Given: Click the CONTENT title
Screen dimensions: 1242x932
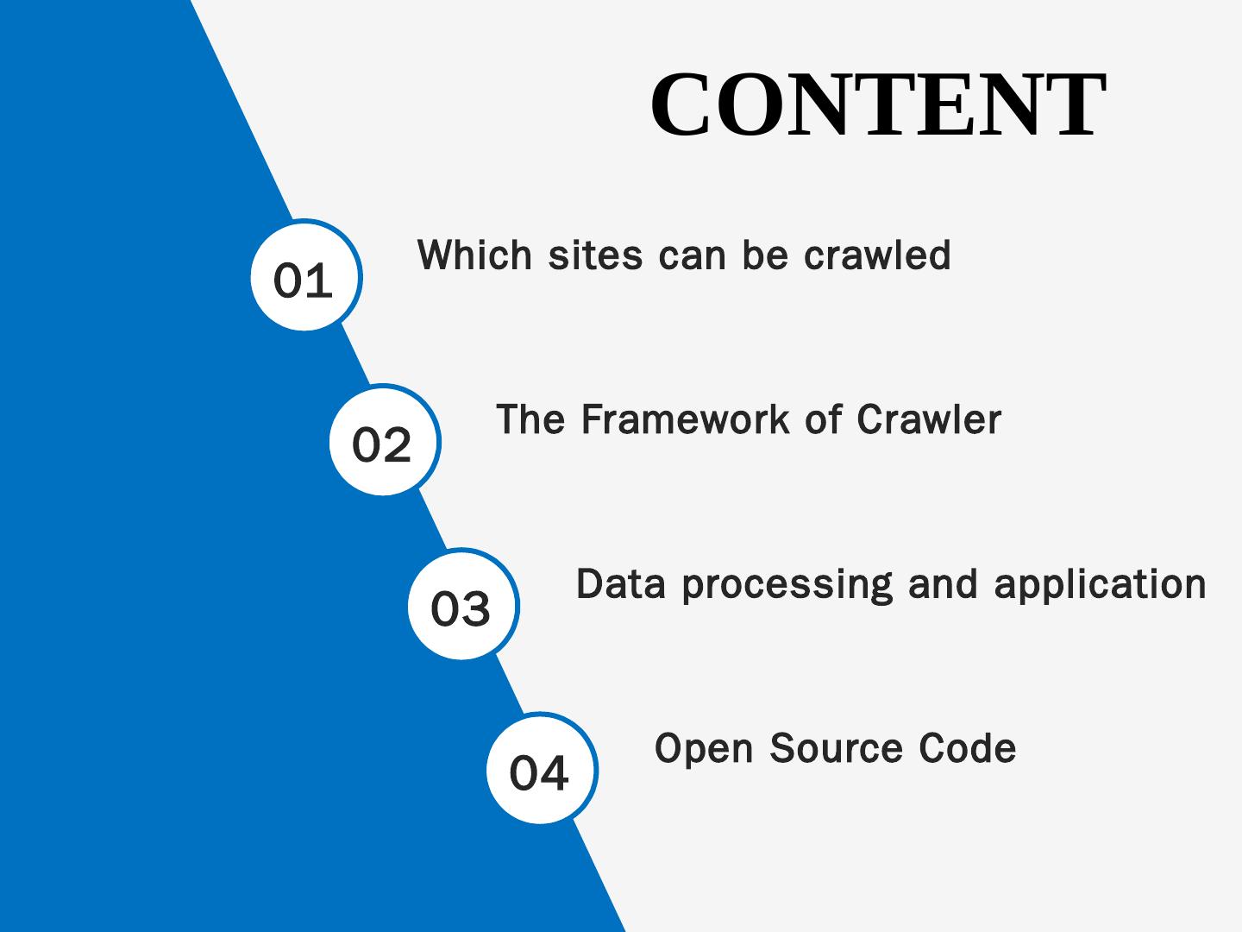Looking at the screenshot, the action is point(877,104).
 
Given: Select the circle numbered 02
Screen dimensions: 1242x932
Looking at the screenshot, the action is point(383,442).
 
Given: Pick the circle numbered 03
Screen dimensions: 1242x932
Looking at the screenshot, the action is point(461,606).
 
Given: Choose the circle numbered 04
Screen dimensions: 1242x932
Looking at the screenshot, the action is point(540,770).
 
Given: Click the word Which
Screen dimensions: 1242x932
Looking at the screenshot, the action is point(474,255).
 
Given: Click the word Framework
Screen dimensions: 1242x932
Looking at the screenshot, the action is point(685,419).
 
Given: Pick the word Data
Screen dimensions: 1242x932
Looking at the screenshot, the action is point(621,584).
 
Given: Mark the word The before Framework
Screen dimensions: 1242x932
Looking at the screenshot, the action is point(530,419).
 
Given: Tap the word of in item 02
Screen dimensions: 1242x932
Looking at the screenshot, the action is point(823,419).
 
